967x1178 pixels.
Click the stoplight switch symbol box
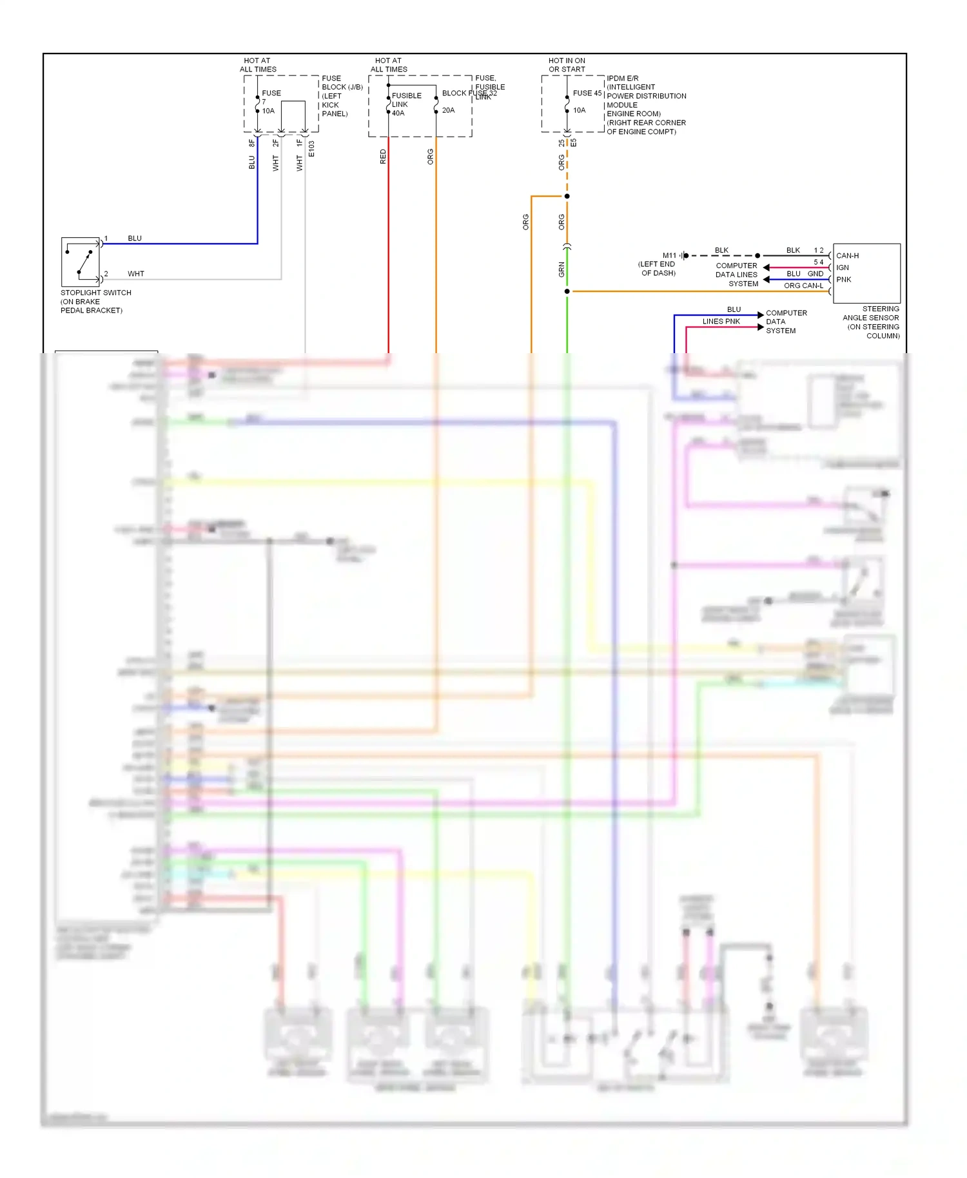81,262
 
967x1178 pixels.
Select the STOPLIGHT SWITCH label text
95,293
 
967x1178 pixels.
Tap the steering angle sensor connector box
866,273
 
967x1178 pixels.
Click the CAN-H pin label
847,256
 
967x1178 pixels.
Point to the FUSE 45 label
587,93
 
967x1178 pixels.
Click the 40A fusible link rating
398,113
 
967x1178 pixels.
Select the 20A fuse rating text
448,110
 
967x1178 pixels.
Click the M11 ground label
669,256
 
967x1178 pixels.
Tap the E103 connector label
311,149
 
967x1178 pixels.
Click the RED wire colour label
383,157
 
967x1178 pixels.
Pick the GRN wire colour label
562,269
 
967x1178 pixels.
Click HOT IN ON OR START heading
567,65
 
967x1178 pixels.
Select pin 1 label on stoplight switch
106,238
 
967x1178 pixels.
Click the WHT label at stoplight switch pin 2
136,274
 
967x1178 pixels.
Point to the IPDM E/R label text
622,79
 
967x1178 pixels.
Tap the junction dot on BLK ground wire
757,256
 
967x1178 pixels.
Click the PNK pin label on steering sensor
844,280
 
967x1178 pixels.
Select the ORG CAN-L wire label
803,285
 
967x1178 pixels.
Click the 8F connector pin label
251,143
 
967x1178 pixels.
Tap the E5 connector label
573,142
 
